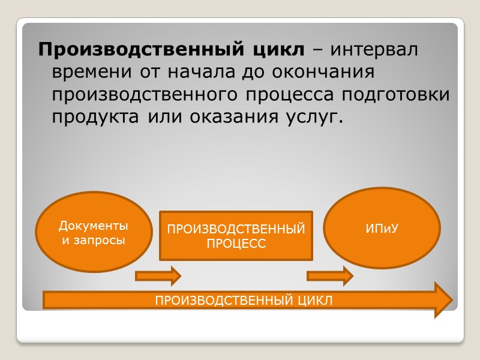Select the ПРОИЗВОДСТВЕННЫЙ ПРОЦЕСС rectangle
coord(236,236)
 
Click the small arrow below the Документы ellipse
coord(158,276)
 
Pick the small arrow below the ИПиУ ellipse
coord(329,276)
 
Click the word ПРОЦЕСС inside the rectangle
coord(236,244)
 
